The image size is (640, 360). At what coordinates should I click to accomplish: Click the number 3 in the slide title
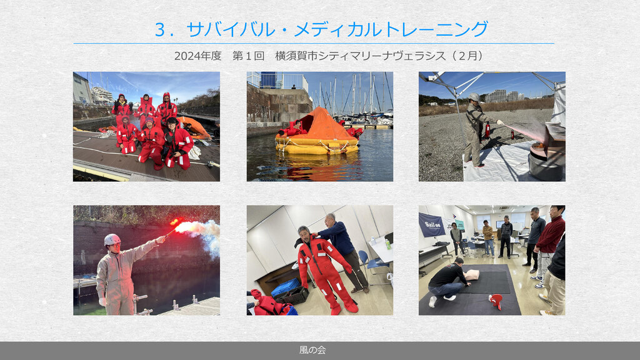[x=161, y=30]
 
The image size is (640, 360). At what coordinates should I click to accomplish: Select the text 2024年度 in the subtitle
[x=197, y=56]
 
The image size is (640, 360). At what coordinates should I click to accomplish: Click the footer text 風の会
[x=312, y=350]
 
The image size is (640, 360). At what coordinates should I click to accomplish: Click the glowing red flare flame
[x=177, y=222]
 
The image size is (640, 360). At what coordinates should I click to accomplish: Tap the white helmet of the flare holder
[x=112, y=239]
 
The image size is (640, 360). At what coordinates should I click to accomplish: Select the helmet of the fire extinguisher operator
[x=474, y=97]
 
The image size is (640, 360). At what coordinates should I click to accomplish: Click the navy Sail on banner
[x=432, y=225]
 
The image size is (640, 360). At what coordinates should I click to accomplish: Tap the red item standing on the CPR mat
[x=496, y=301]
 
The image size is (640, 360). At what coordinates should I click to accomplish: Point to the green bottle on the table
[x=387, y=244]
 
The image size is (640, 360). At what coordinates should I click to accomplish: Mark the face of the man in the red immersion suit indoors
[x=304, y=234]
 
